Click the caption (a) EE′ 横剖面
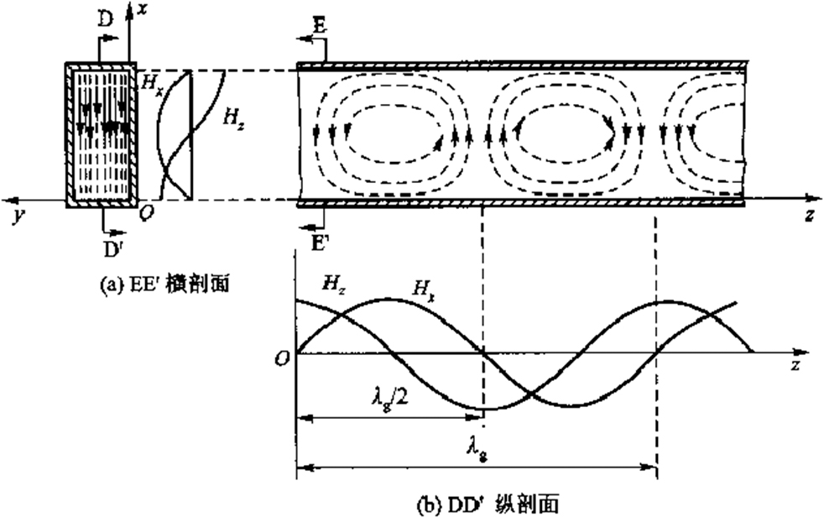click(165, 285)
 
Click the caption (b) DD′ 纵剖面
click(488, 504)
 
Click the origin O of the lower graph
click(284, 359)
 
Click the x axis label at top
click(141, 9)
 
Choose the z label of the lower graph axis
click(797, 364)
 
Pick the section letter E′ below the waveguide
click(320, 243)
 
